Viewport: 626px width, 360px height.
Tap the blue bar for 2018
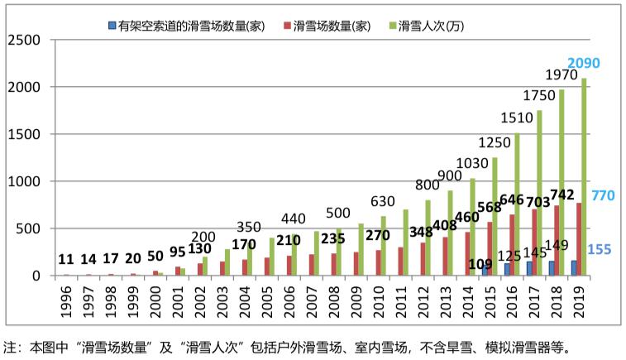pos(551,268)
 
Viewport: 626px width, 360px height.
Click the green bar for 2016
pos(517,204)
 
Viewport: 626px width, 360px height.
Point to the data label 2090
pos(583,63)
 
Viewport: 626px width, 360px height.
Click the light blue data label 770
pos(602,196)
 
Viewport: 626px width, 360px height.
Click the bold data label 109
pos(480,265)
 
